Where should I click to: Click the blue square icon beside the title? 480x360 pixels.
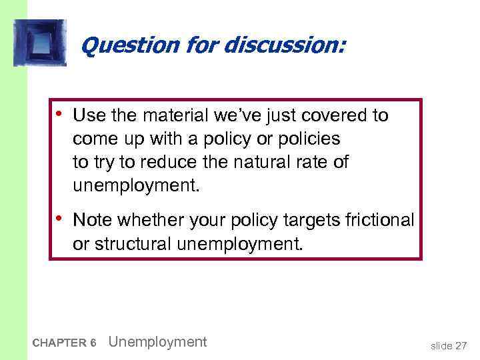[39, 43]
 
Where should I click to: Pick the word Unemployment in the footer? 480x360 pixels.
[157, 342]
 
